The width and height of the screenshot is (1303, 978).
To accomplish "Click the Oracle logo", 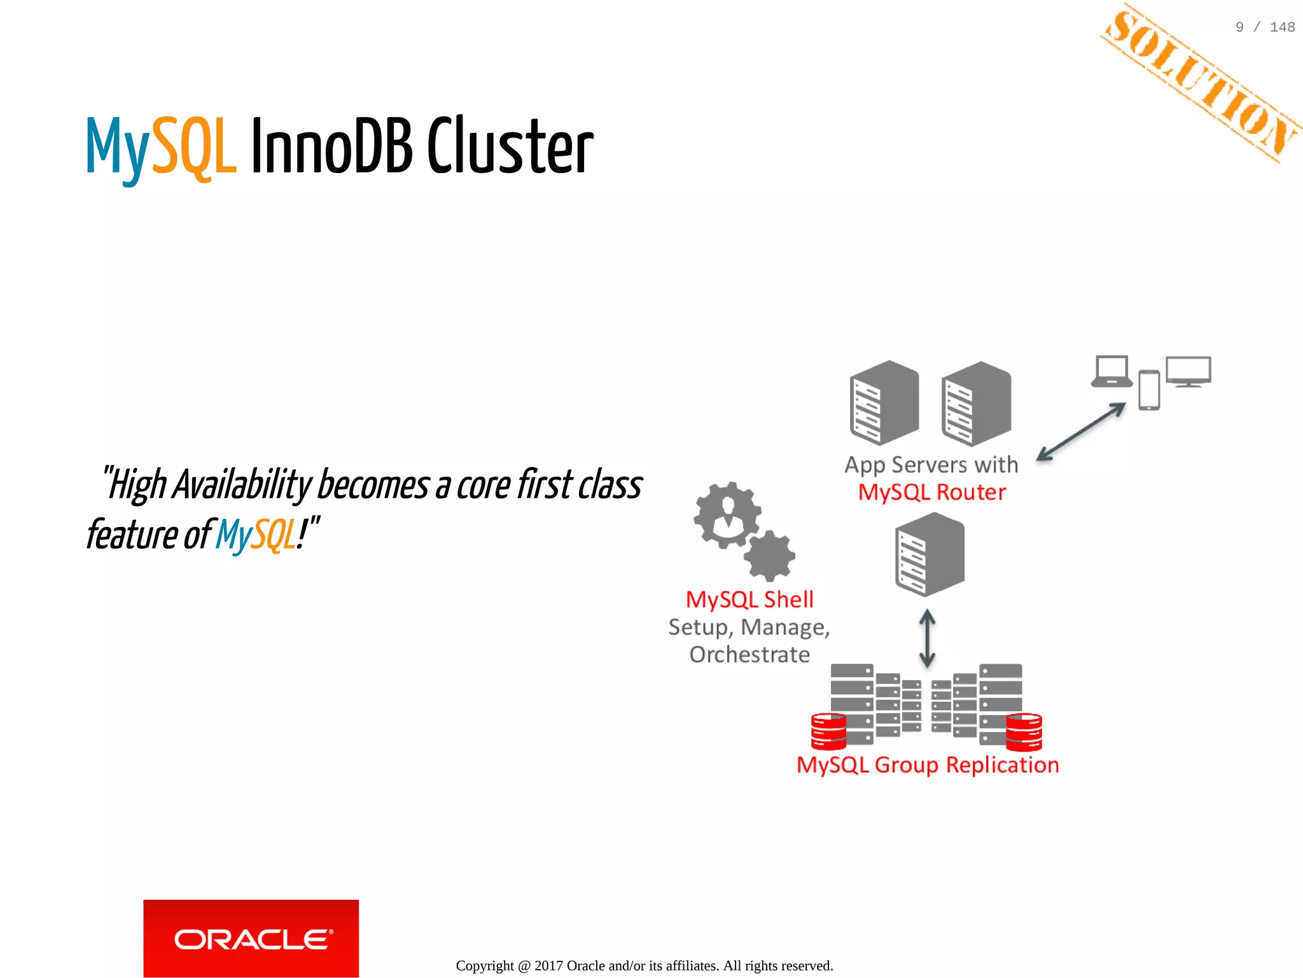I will click(x=251, y=938).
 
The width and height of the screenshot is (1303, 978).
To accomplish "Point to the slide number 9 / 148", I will click(x=1265, y=27).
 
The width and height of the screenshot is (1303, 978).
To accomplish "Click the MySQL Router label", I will click(x=932, y=492).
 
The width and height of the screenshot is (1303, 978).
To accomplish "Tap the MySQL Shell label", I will click(x=749, y=599).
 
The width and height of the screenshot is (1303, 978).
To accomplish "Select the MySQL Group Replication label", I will click(x=928, y=764).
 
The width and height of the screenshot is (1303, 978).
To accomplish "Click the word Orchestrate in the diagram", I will click(x=749, y=654).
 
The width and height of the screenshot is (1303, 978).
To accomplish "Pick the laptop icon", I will click(x=1111, y=372).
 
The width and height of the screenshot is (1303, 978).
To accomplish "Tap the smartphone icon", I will click(x=1149, y=390).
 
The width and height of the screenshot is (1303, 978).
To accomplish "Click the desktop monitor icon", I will click(x=1188, y=372).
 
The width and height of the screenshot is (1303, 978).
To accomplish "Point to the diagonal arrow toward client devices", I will click(x=1081, y=431).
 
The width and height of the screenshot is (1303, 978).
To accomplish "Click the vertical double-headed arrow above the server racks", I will click(x=927, y=638).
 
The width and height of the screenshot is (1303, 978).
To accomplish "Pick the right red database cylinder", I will click(x=1024, y=732).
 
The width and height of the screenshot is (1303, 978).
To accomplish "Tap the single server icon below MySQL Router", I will click(x=930, y=554).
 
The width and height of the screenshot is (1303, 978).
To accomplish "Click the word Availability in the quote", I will click(x=242, y=485).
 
